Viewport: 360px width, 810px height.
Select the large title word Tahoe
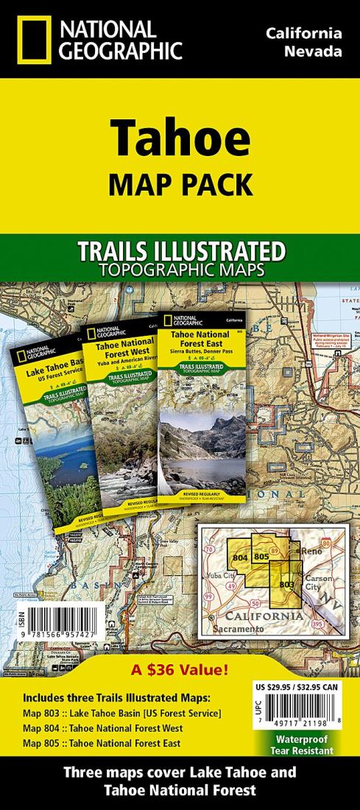click(180, 141)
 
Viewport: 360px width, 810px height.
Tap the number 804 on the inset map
click(239, 558)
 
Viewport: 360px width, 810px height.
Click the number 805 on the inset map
click(261, 557)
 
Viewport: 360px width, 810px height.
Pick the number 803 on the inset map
click(286, 583)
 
